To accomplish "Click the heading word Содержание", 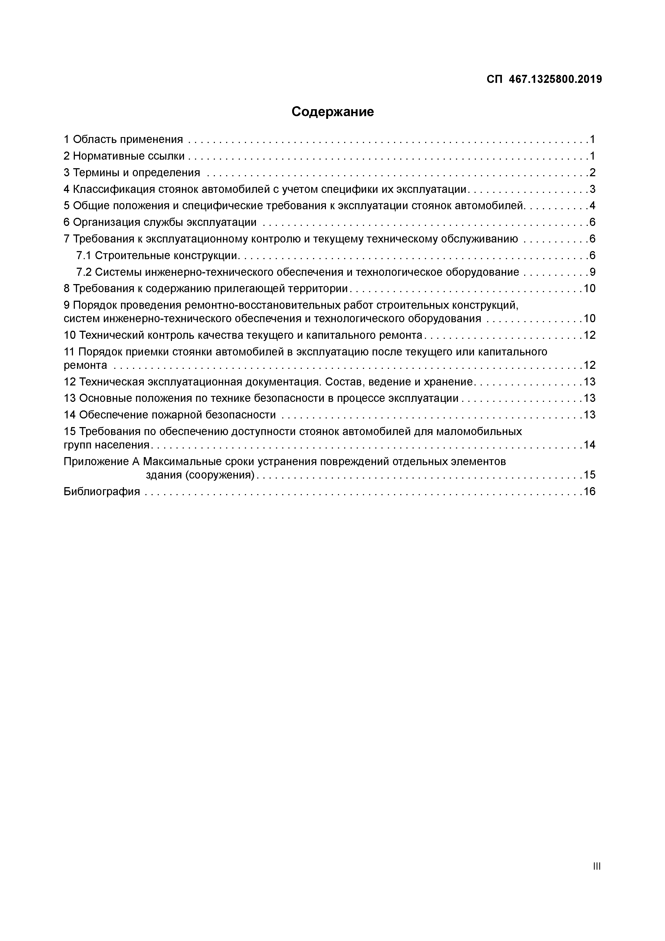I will (332, 112).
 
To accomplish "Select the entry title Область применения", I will (128, 139).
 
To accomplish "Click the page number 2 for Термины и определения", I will (592, 172).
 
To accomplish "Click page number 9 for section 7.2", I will (592, 272).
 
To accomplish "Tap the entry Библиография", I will (102, 491).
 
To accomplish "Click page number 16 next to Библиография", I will (589, 491).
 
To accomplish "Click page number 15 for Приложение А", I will (589, 475).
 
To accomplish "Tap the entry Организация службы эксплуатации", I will (165, 223).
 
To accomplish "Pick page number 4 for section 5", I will (592, 206).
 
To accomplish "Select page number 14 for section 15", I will (589, 445).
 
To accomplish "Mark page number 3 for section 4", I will (592, 189).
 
